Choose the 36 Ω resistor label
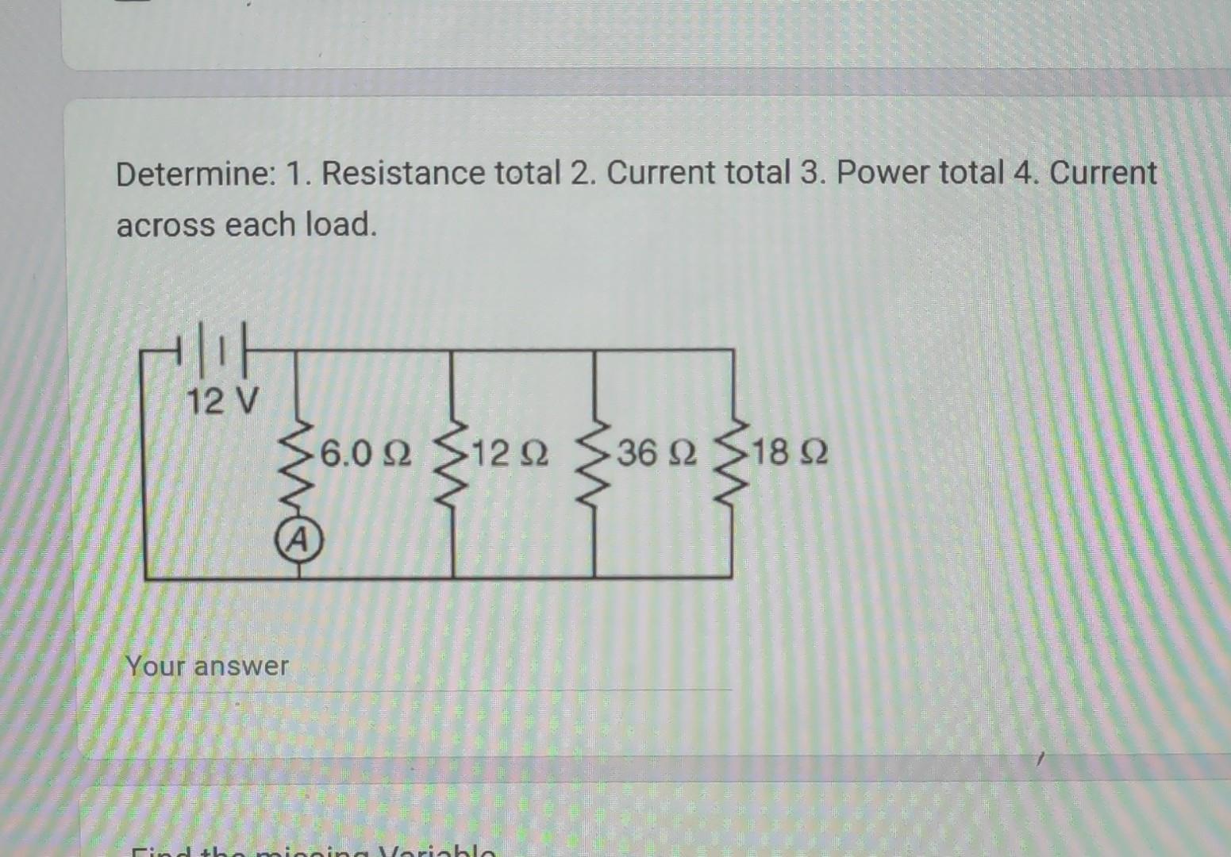point(656,454)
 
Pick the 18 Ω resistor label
point(789,454)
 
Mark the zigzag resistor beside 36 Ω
point(594,468)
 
